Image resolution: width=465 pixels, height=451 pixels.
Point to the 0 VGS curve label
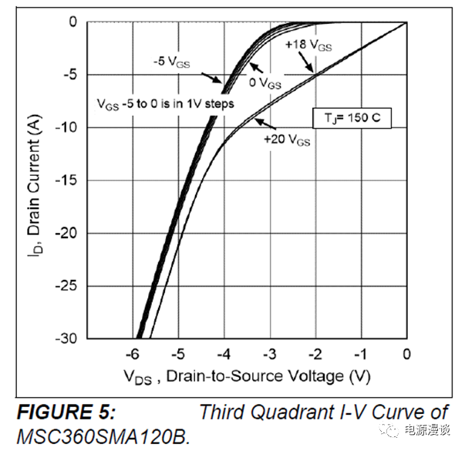pyautogui.click(x=265, y=82)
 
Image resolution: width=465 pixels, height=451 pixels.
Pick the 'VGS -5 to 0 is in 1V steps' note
pyautogui.click(x=165, y=103)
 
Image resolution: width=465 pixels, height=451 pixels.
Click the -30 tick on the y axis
pyautogui.click(x=68, y=338)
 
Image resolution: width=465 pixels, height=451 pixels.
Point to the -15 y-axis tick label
pyautogui.click(x=68, y=180)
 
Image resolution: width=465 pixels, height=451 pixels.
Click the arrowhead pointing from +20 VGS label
pyautogui.click(x=257, y=122)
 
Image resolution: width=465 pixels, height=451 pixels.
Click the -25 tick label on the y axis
pyautogui.click(x=68, y=285)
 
